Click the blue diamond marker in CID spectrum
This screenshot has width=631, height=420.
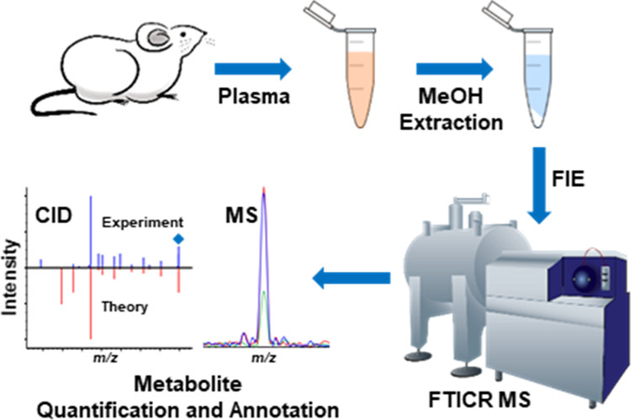pos(178,239)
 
